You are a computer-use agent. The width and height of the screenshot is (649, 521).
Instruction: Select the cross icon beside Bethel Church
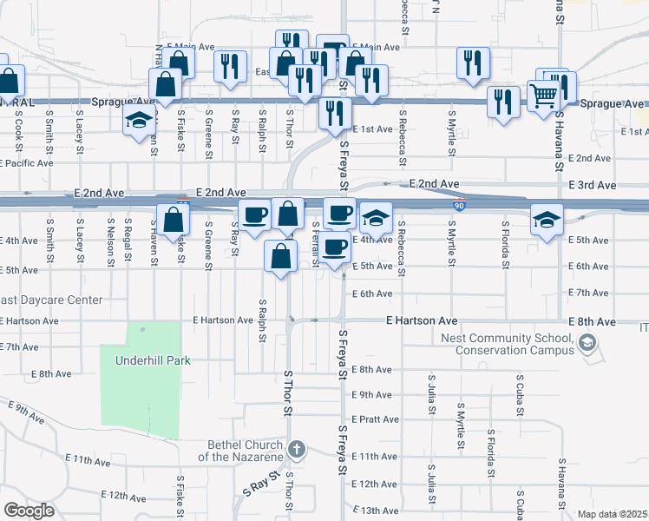click(297, 449)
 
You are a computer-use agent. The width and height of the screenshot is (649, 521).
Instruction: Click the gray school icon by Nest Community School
click(587, 345)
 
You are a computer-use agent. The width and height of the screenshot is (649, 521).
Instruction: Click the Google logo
click(29, 511)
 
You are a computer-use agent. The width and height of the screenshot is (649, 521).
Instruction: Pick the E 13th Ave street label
click(374, 511)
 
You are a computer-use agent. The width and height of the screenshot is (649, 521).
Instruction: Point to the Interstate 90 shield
click(457, 204)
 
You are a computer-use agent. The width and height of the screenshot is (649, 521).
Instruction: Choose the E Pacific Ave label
click(27, 162)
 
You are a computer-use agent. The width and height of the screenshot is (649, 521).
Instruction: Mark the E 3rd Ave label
click(592, 185)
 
